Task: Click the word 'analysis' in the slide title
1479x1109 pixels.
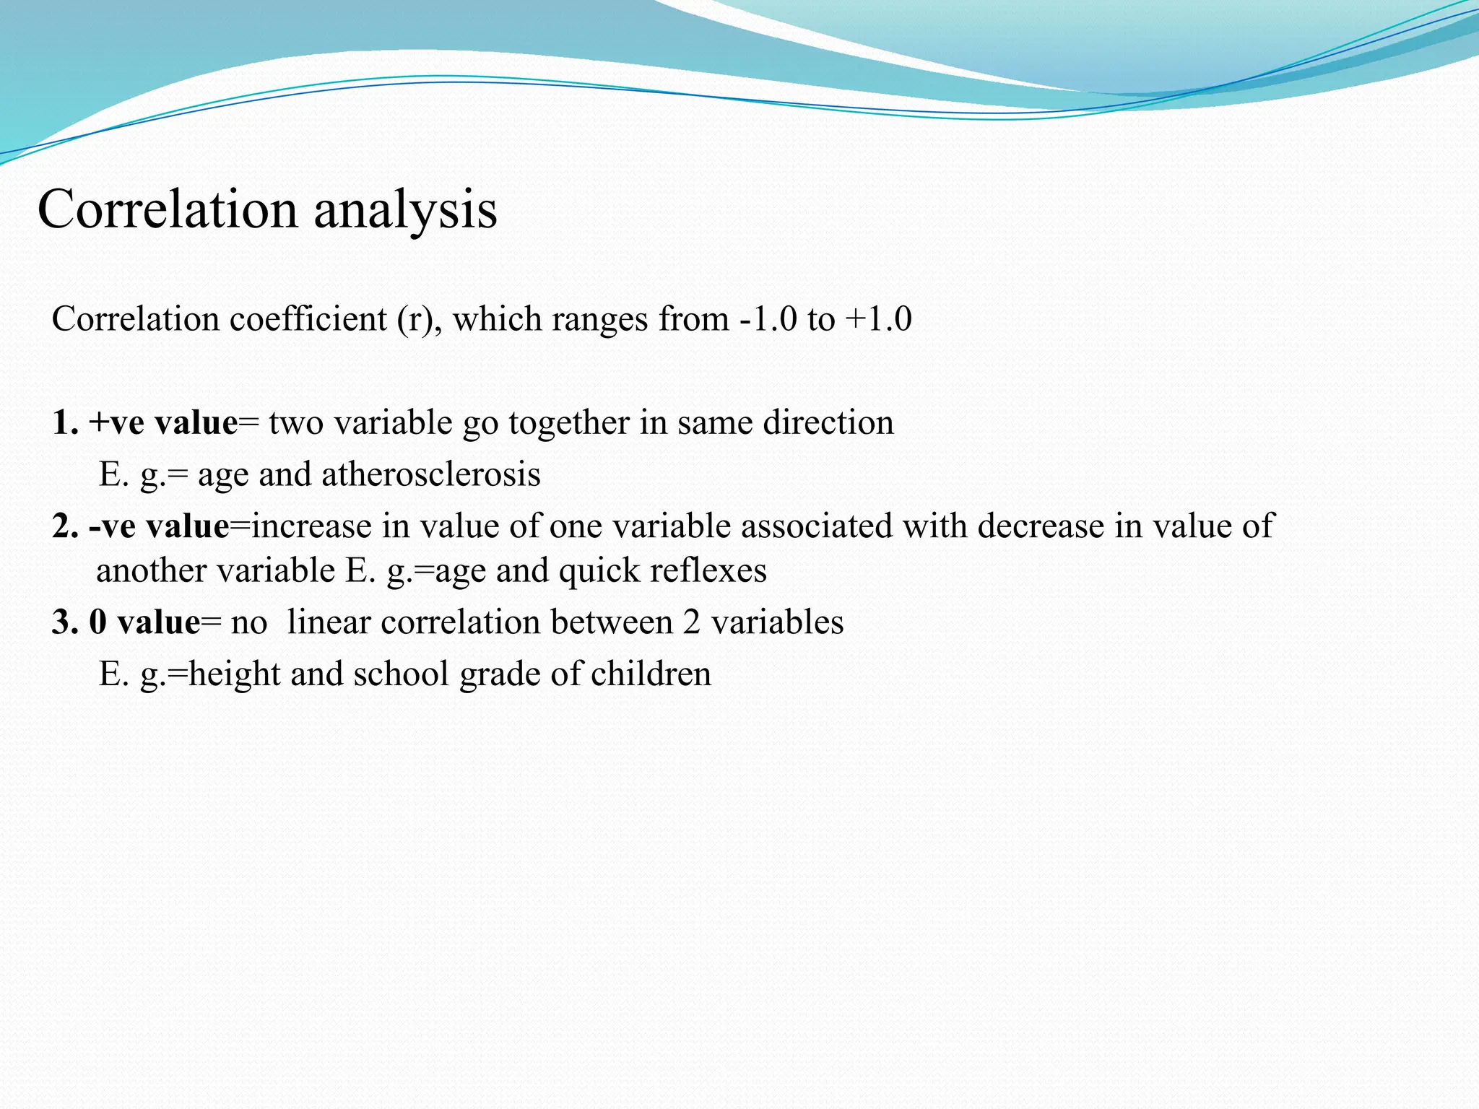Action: pyautogui.click(x=405, y=211)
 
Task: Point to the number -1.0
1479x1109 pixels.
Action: pyautogui.click(x=768, y=319)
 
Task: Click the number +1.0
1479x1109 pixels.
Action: pyautogui.click(x=879, y=319)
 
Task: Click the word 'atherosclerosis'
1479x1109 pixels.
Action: pyautogui.click(x=431, y=475)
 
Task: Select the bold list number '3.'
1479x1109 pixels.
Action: pyautogui.click(x=64, y=623)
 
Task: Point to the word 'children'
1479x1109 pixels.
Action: pyautogui.click(x=651, y=674)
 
